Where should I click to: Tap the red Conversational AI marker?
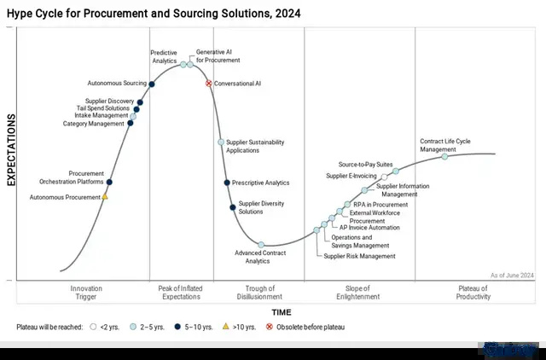209,84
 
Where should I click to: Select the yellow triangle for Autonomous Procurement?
105,197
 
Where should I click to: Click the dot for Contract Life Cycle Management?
444,157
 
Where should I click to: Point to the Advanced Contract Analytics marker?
261,246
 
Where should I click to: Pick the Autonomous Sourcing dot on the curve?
152,84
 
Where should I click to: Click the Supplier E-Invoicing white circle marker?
384,177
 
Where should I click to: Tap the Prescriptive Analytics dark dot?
227,183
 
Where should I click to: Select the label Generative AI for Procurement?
218,56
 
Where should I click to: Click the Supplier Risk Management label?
360,256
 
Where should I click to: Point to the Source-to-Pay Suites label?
365,164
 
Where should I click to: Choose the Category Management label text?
94,124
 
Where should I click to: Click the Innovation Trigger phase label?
86,293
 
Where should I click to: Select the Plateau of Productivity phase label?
473,293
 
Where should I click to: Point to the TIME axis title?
282,312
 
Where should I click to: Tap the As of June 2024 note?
512,275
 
